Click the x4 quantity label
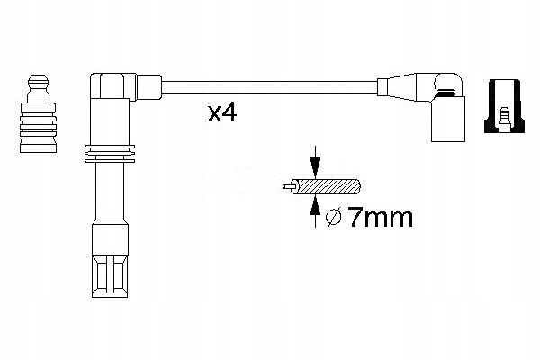click(x=221, y=114)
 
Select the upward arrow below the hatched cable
click(x=314, y=207)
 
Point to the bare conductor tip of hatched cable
click(x=286, y=188)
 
